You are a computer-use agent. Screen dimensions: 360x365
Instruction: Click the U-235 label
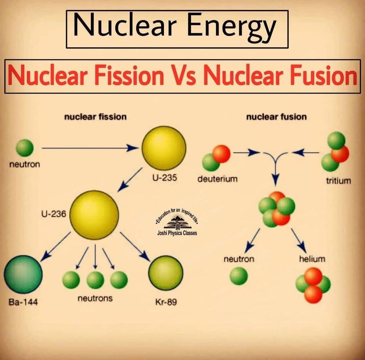click(164, 178)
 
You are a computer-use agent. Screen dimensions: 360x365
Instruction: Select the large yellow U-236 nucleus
click(94, 215)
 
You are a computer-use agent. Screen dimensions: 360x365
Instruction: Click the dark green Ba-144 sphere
click(23, 275)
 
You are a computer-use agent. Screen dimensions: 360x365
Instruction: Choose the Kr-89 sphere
click(166, 273)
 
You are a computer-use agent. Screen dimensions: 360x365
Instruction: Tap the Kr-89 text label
click(166, 302)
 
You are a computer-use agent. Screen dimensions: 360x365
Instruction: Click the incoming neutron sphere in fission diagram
click(25, 148)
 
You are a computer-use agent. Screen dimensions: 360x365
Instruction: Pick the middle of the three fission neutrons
click(95, 280)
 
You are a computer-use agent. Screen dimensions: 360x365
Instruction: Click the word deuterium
click(217, 179)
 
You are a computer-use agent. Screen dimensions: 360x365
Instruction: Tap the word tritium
click(338, 181)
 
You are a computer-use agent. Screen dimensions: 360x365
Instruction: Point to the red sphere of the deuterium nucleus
click(221, 154)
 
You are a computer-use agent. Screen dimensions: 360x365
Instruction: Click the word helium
click(312, 259)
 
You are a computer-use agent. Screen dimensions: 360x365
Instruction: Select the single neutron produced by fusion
click(239, 276)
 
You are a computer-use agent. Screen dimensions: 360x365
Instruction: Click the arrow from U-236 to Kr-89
click(135, 246)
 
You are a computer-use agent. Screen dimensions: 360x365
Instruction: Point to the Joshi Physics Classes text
click(177, 233)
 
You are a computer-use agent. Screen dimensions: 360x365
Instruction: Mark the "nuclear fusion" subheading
click(276, 117)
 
